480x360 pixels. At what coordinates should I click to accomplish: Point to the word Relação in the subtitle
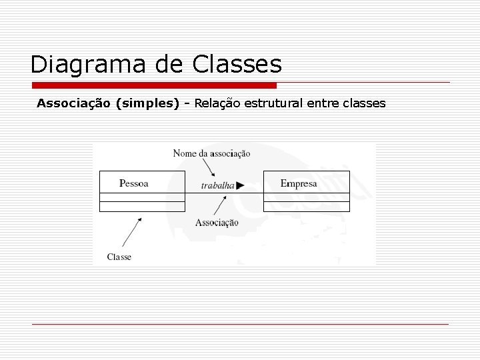[218, 104]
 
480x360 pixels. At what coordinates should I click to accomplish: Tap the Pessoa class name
[133, 183]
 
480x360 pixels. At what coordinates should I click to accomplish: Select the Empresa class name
[299, 183]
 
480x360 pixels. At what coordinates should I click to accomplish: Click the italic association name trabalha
[217, 186]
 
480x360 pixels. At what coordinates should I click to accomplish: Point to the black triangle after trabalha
[240, 186]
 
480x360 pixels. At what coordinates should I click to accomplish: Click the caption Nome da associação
[211, 153]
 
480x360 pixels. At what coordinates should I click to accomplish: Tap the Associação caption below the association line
[217, 223]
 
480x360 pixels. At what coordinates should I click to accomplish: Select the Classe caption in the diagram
[119, 257]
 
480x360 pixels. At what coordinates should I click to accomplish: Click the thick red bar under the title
[154, 85]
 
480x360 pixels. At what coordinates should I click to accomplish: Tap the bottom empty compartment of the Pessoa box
[142, 206]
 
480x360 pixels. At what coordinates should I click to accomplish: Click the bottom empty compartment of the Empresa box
[307, 206]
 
